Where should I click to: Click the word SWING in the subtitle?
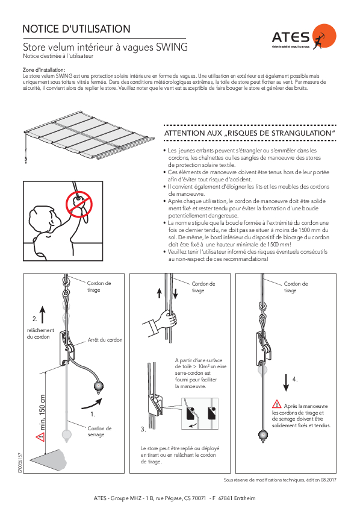(x=172, y=47)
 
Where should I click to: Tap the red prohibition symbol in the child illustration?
(x=79, y=204)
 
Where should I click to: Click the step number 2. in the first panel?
(x=35, y=319)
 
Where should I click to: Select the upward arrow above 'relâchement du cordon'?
(x=43, y=315)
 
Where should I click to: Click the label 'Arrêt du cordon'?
(x=105, y=340)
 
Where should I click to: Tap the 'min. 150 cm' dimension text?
(x=42, y=413)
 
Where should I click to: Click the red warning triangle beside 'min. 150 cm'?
(x=41, y=437)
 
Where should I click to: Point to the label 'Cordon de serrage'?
(x=99, y=431)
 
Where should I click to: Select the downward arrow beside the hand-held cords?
(x=175, y=293)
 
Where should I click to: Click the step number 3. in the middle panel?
(x=143, y=429)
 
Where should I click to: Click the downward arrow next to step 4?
(x=286, y=383)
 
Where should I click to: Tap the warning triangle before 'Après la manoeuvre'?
(x=277, y=404)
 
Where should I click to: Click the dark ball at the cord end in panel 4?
(x=263, y=435)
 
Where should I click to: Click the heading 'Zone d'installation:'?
(x=44, y=70)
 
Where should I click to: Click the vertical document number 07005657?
(x=20, y=463)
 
